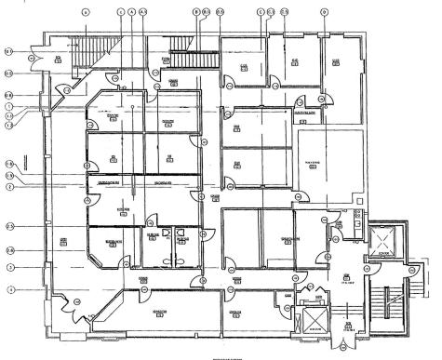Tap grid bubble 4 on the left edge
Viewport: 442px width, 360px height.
point(9,288)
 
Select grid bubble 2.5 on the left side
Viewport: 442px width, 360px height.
point(9,226)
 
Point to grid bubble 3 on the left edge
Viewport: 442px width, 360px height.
point(9,268)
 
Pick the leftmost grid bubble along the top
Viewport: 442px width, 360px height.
point(85,11)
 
